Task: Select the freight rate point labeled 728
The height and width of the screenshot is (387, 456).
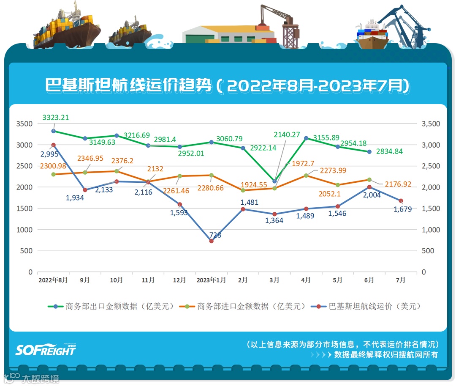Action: [x=212, y=241]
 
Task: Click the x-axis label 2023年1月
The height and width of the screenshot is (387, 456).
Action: [x=211, y=280]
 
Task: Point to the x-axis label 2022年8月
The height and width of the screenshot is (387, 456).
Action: [x=53, y=280]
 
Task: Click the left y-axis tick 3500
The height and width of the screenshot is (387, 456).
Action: [x=24, y=124]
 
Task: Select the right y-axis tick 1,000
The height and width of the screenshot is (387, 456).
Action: [x=431, y=230]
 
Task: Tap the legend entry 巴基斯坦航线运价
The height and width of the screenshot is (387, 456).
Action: [x=367, y=306]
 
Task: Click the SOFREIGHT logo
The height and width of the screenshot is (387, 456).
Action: [x=46, y=349]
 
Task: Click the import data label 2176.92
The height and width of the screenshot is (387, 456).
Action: [x=396, y=184]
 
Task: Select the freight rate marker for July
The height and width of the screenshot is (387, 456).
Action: [x=401, y=201]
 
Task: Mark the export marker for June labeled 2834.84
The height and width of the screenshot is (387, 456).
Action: [x=369, y=151]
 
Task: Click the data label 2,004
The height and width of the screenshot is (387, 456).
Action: [x=372, y=195]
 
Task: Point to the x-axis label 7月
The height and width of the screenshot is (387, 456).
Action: [x=401, y=280]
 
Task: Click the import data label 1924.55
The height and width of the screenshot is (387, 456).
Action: [x=254, y=184]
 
